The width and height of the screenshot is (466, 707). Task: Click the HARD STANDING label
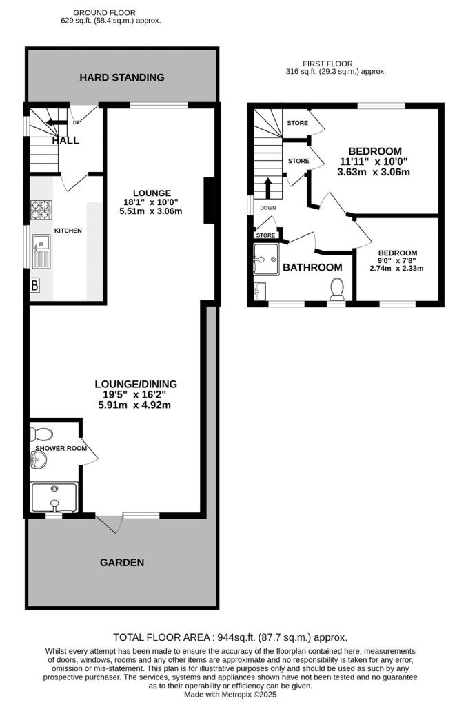pyautogui.click(x=122, y=77)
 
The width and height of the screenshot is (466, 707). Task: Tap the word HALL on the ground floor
pyautogui.click(x=65, y=140)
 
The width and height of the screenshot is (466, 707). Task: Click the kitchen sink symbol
pyautogui.click(x=40, y=251)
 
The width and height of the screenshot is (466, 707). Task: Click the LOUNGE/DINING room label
pyautogui.click(x=136, y=384)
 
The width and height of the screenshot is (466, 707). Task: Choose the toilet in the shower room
pyautogui.click(x=42, y=434)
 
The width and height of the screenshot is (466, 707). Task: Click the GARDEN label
pyautogui.click(x=122, y=563)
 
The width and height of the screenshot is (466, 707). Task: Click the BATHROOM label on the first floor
pyautogui.click(x=312, y=267)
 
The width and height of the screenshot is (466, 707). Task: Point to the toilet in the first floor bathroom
pyautogui.click(x=337, y=288)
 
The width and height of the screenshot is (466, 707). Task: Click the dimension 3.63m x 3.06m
pyautogui.click(x=374, y=172)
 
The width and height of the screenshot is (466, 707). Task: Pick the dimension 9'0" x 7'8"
pyautogui.click(x=396, y=261)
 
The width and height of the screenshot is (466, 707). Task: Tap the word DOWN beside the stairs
pyautogui.click(x=268, y=207)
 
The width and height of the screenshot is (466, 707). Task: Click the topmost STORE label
pyautogui.click(x=297, y=123)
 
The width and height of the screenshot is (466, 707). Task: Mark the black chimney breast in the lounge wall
pyautogui.click(x=208, y=201)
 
